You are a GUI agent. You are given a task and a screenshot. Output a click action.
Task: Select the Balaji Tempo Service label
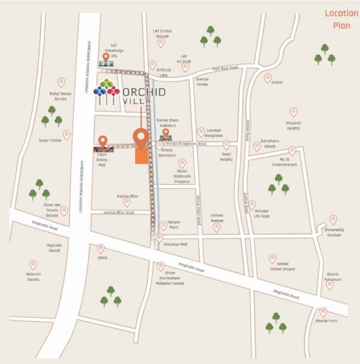61,95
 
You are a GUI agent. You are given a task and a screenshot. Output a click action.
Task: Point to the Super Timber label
50,140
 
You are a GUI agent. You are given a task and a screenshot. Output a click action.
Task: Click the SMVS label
101,258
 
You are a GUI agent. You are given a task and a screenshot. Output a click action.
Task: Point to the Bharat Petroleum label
330,277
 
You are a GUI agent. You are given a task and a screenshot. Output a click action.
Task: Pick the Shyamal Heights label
293,126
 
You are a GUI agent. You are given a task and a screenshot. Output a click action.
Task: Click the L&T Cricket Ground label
162,34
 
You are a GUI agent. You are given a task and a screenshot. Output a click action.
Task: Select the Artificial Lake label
164,72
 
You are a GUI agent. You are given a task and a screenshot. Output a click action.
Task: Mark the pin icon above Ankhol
268,78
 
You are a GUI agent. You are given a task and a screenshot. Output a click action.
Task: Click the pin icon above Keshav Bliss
127,202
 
